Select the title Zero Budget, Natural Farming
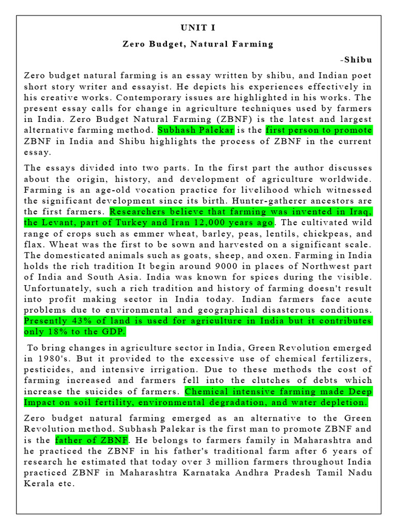(198, 44)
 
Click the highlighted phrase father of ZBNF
(91, 440)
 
